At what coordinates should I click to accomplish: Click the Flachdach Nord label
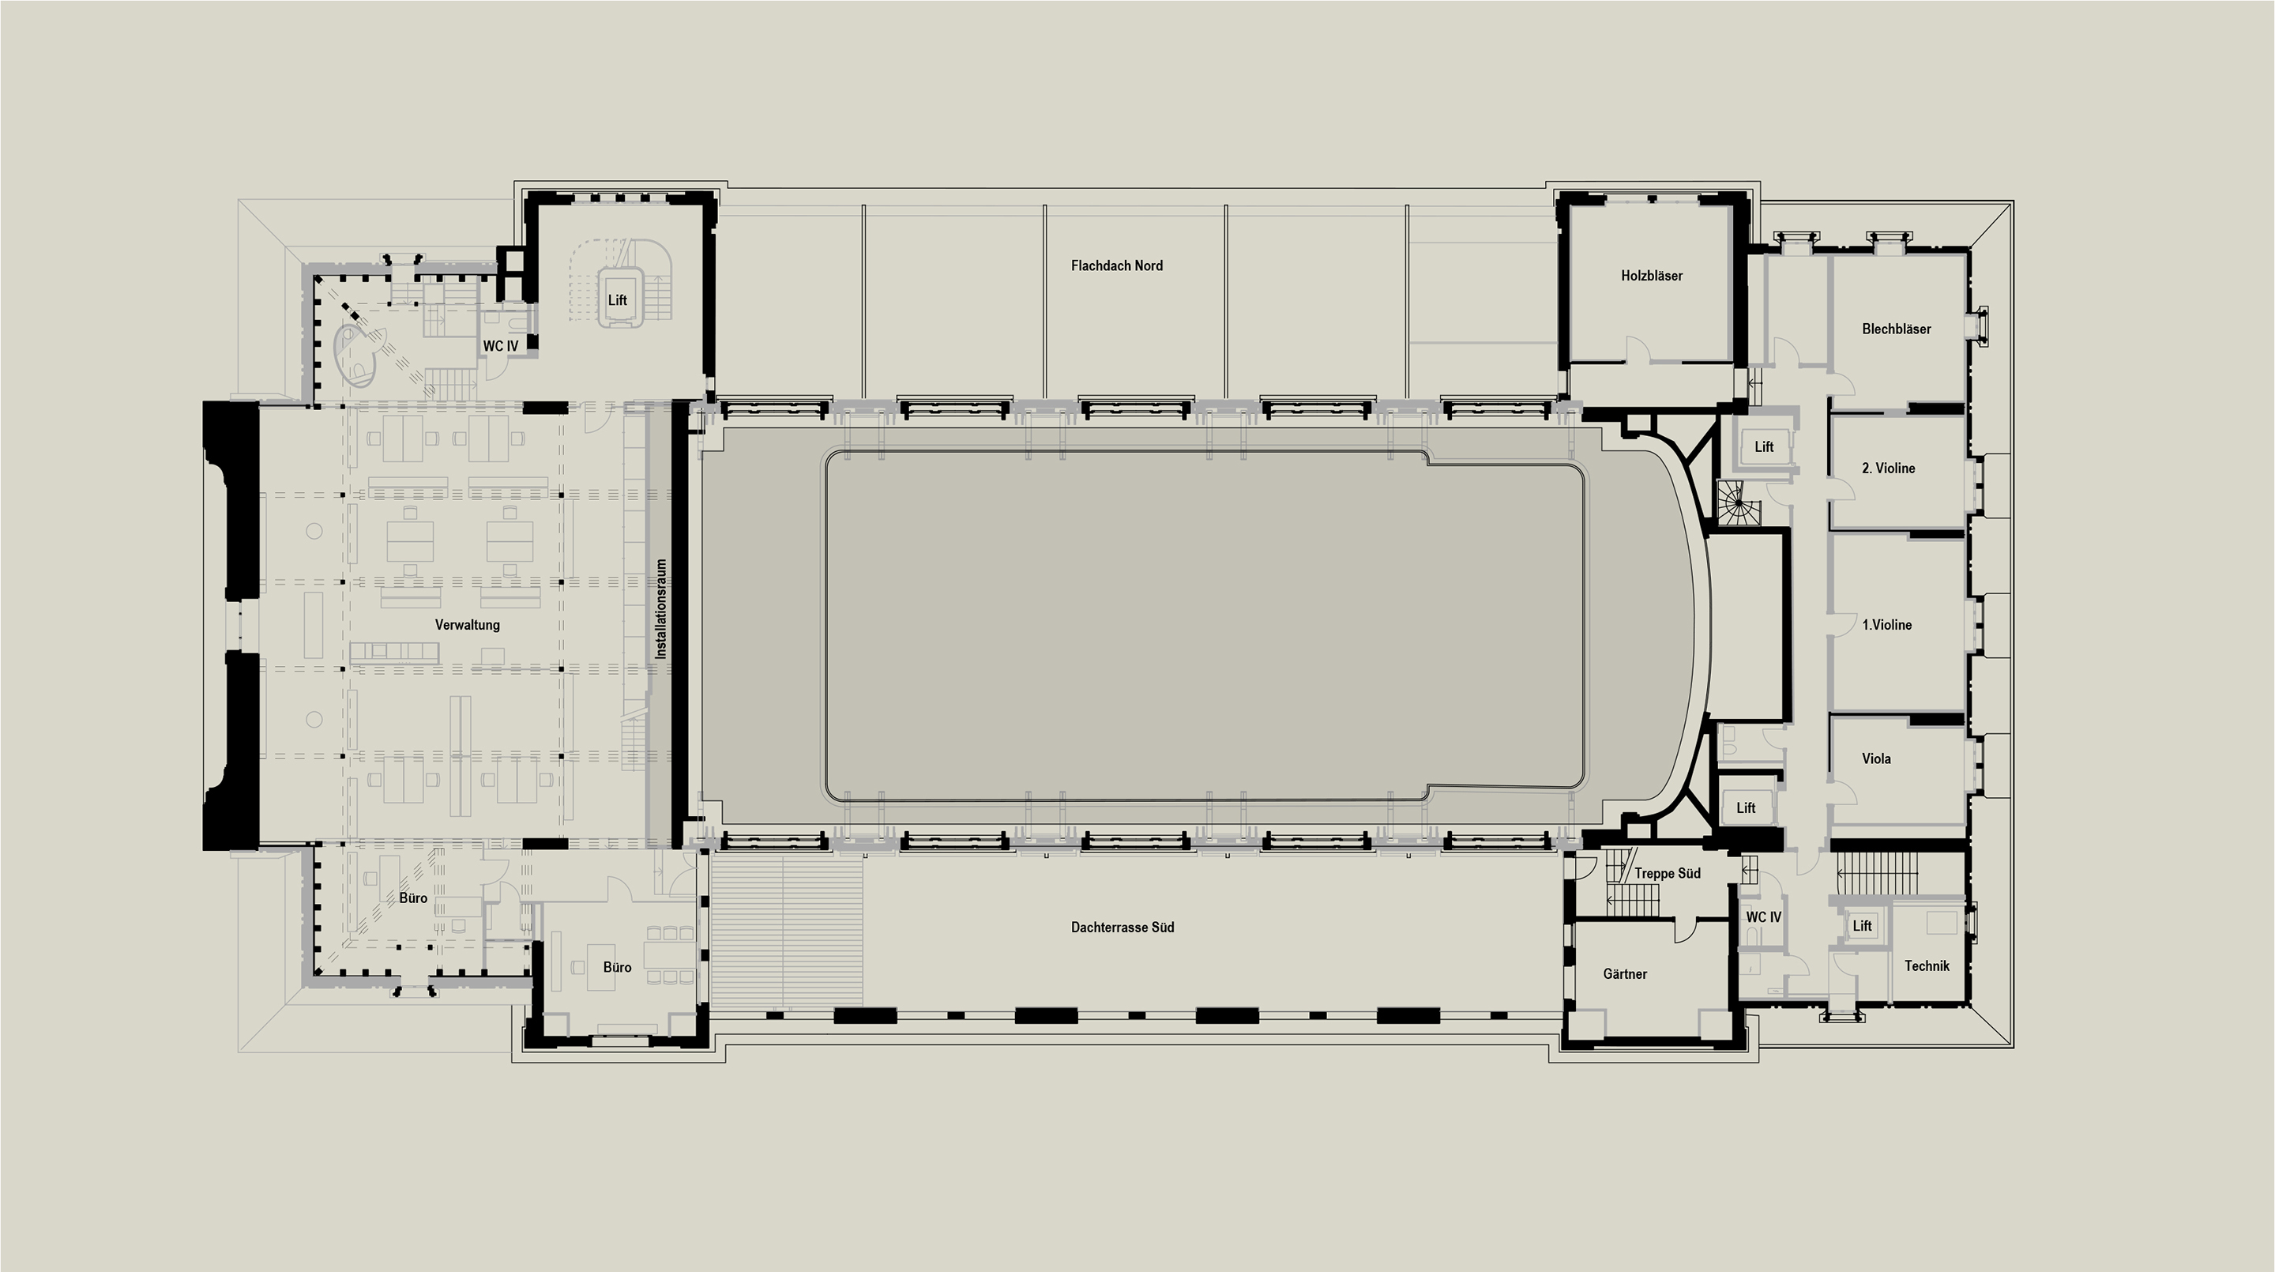[1116, 265]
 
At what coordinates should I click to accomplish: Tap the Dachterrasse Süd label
[1122, 928]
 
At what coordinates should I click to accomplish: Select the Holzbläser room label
[1652, 276]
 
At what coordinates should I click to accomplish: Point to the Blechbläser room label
[1896, 329]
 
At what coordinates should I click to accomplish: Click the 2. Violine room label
[1888, 469]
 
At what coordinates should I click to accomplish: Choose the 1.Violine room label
[1886, 624]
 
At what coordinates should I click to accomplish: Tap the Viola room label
[1876, 758]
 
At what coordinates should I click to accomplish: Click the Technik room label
[1926, 965]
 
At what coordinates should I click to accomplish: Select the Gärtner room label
[1625, 973]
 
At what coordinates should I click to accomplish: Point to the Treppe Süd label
[1667, 873]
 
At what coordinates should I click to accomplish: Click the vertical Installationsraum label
[660, 608]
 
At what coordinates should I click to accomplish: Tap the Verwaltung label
[467, 624]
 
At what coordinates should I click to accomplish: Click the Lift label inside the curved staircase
[617, 300]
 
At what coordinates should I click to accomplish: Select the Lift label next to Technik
[1862, 926]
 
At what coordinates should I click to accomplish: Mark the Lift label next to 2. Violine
[1764, 447]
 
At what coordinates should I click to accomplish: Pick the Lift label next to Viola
[1746, 807]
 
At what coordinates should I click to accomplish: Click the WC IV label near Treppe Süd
[1763, 917]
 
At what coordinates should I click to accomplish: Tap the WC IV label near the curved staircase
[500, 346]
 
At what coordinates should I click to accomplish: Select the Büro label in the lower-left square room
[617, 967]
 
